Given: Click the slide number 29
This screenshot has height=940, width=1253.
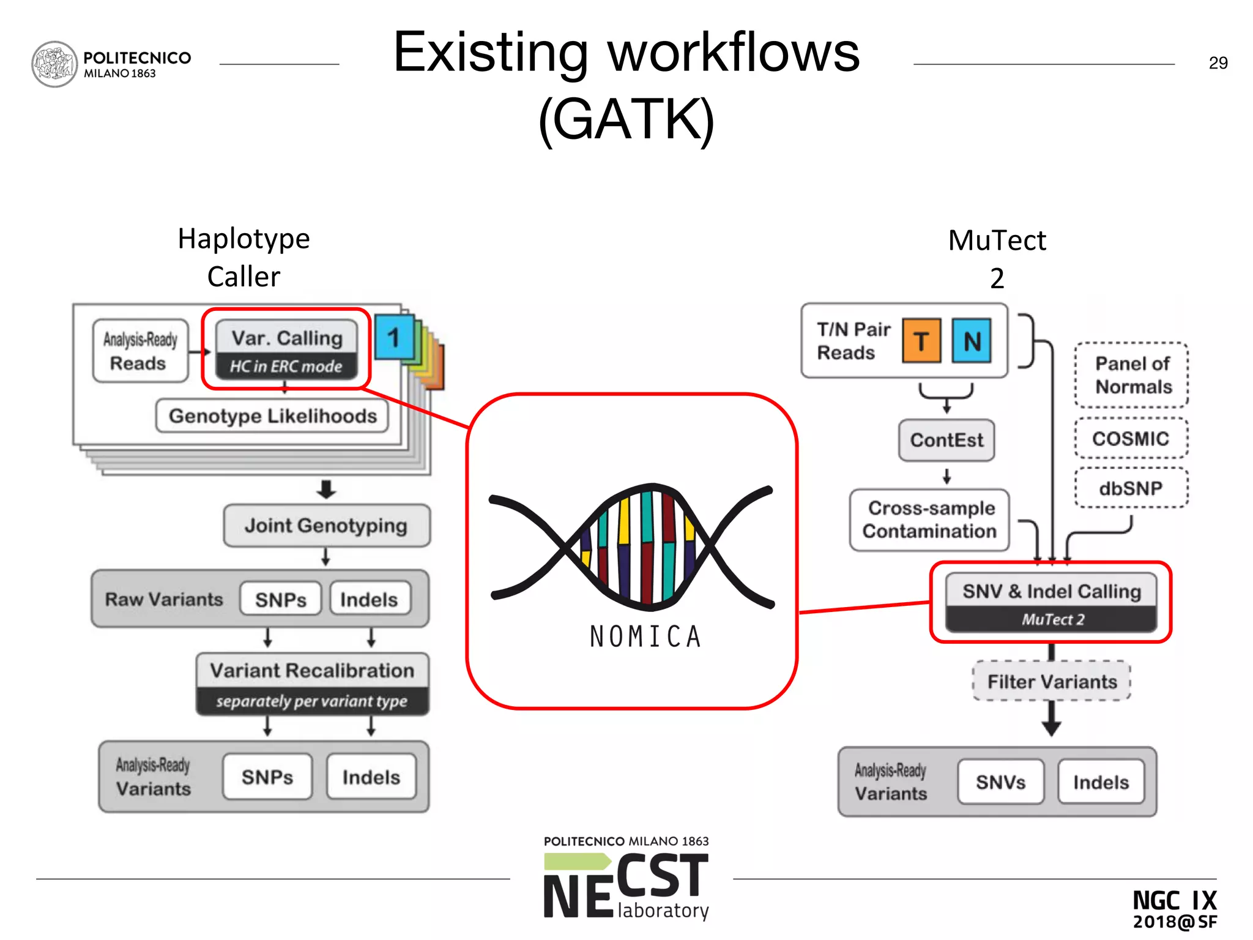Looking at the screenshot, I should pyautogui.click(x=1218, y=63).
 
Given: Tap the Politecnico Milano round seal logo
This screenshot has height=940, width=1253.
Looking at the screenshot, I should pyautogui.click(x=54, y=64).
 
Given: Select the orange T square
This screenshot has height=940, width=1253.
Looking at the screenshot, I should pyautogui.click(x=921, y=341).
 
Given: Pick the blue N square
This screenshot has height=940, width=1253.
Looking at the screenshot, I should pyautogui.click(x=972, y=341).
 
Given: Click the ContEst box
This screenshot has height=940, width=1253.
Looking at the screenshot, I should pyautogui.click(x=946, y=440).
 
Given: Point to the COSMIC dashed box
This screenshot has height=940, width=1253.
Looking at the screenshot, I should pyautogui.click(x=1131, y=438).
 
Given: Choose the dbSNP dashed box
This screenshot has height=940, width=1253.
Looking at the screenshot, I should pyautogui.click(x=1131, y=488).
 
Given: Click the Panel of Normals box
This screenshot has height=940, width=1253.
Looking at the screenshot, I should pyautogui.click(x=1132, y=375).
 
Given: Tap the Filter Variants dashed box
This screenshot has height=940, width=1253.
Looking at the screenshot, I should pyautogui.click(x=1052, y=682).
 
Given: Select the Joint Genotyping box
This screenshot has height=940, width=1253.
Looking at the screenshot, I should pyautogui.click(x=326, y=526).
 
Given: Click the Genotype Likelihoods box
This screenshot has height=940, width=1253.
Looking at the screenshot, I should pyautogui.click(x=272, y=416).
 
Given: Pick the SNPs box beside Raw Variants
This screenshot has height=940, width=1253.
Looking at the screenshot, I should pyautogui.click(x=281, y=599).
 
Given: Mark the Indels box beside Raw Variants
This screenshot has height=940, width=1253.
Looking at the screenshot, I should pyautogui.click(x=369, y=599).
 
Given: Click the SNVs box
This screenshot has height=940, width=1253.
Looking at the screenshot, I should pyautogui.click(x=1000, y=782).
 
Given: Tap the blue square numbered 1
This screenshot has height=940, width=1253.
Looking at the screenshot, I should pyautogui.click(x=393, y=337).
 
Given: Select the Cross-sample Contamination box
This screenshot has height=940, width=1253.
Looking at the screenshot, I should pyautogui.click(x=929, y=520).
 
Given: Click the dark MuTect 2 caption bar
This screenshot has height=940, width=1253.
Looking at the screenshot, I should pyautogui.click(x=1052, y=619).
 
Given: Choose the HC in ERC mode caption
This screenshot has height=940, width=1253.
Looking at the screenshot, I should pyautogui.click(x=286, y=367).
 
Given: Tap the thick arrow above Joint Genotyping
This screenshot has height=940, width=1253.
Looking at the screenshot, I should pyautogui.click(x=326, y=489).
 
